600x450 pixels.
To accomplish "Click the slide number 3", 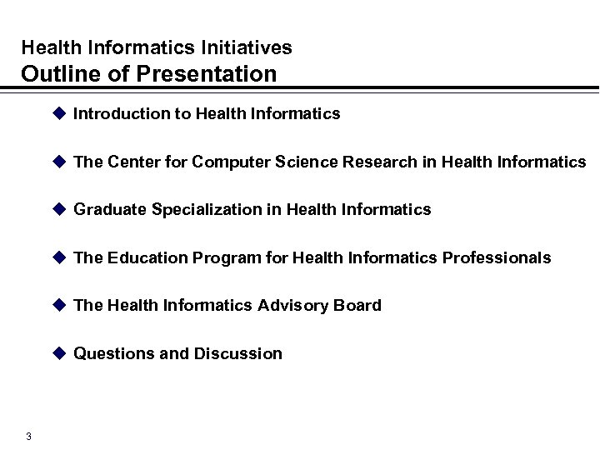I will [x=29, y=437].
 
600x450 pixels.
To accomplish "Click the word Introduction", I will [x=120, y=114].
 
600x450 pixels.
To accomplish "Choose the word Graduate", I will [x=110, y=210].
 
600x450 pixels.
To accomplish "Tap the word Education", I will [x=147, y=258].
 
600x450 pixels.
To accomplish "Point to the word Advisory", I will [x=291, y=306].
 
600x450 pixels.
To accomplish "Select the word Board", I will [x=358, y=306].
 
